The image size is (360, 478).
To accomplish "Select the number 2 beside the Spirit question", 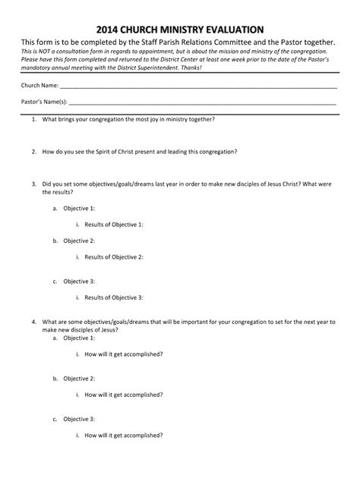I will coord(33,152).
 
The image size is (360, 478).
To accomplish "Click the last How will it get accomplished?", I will coord(124,436).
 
